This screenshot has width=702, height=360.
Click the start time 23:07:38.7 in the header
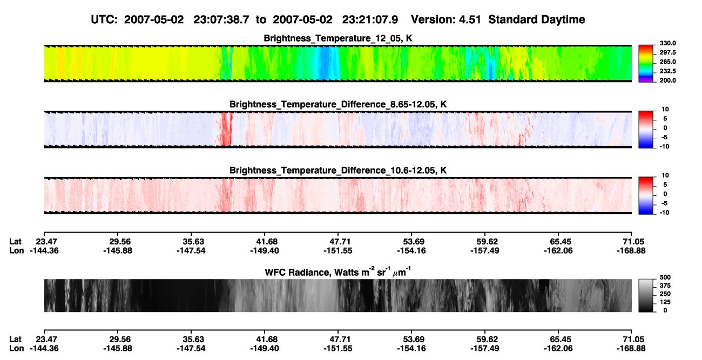tap(221, 19)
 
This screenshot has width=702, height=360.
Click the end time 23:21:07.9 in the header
tap(370, 19)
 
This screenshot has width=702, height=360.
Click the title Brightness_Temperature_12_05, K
tap(338, 38)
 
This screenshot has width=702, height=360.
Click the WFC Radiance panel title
tap(338, 272)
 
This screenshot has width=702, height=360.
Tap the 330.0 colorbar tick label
tap(668, 43)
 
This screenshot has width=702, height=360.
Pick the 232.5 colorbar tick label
tap(668, 71)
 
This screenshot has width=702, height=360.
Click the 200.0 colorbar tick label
tap(668, 80)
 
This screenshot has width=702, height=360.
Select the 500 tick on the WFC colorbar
tap(665, 277)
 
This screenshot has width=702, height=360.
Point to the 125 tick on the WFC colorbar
tap(665, 302)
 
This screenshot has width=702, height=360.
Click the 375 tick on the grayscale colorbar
tap(665, 286)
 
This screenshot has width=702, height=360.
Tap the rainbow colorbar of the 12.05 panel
tap(646, 64)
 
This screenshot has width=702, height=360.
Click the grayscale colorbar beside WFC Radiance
tap(646, 295)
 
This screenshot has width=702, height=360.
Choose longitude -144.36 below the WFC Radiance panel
tap(44, 349)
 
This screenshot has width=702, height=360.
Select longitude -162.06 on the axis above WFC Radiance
tap(558, 250)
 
